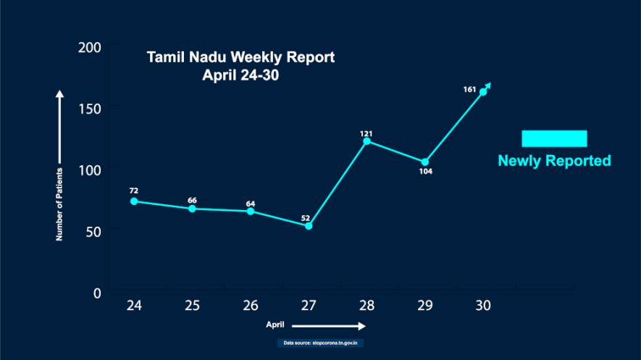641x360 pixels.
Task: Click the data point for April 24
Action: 134,201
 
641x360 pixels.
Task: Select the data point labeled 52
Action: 309,226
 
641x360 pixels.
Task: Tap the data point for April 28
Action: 366,141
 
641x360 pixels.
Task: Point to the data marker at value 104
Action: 425,162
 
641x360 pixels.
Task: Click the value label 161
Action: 469,90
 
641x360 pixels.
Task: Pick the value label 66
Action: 192,200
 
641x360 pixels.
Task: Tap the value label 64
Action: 251,203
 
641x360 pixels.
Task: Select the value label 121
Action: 366,133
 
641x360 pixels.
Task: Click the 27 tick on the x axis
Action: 309,306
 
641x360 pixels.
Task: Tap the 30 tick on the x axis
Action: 483,306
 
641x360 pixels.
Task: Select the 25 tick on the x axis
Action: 192,306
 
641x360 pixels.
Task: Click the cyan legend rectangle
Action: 554,138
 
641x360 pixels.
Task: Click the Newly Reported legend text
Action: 554,161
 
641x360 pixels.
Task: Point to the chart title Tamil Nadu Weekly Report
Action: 241,57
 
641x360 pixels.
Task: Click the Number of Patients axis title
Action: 61,204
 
